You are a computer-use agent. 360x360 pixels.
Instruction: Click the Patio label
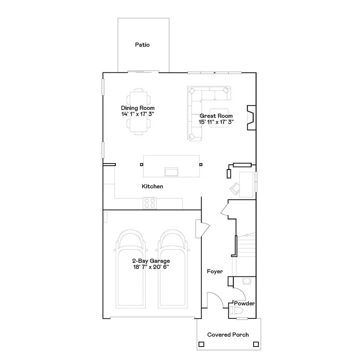(142, 45)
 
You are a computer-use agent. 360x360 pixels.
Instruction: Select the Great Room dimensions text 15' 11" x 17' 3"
(216, 122)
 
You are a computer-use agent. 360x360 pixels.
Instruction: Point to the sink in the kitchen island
(172, 172)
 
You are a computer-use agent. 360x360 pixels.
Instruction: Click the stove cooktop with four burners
(150, 203)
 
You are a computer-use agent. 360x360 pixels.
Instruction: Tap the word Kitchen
(152, 186)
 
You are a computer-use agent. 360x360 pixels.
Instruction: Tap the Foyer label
(215, 272)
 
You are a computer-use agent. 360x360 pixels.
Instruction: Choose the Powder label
(244, 304)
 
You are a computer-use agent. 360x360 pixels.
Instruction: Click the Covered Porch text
(228, 335)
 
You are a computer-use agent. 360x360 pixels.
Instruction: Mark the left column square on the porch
(201, 344)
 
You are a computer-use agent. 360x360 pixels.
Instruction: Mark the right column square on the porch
(256, 344)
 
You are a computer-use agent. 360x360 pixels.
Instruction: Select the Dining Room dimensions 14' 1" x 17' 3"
(138, 114)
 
